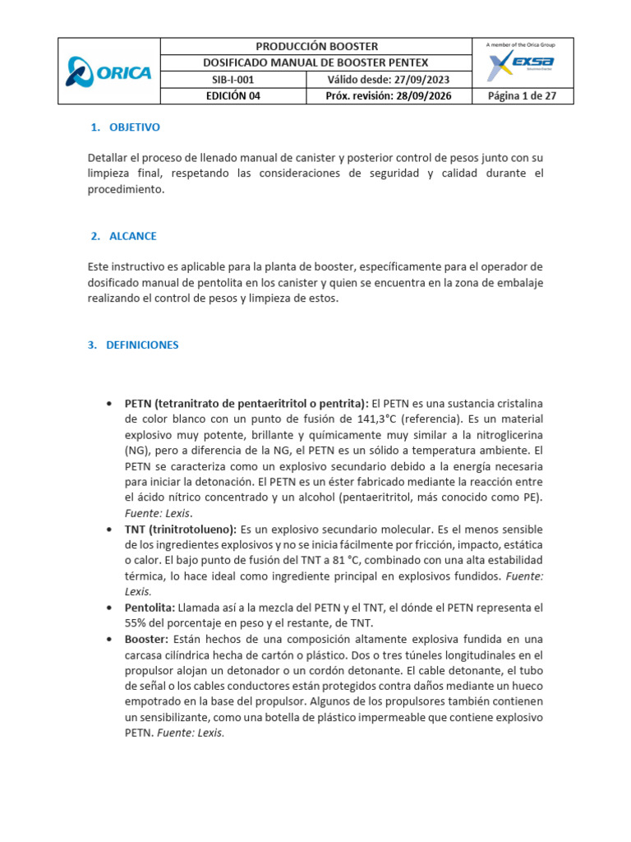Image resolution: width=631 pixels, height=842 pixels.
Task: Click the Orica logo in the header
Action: pos(108,72)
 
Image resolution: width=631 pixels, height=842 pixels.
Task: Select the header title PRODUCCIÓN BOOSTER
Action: pos(315,46)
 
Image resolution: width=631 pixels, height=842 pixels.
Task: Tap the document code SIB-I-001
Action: pos(232,80)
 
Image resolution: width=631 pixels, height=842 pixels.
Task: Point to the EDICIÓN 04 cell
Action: pos(232,96)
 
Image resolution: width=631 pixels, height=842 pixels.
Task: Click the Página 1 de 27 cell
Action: pos(523,96)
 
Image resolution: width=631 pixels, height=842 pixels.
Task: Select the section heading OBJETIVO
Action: pos(134,127)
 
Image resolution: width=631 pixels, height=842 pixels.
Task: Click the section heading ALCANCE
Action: pos(132,236)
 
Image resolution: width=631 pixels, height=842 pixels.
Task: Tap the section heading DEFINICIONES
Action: pos(141,345)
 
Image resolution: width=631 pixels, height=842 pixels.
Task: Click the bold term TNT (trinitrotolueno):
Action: pos(180,529)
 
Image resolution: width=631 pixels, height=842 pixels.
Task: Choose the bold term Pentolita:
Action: pos(150,607)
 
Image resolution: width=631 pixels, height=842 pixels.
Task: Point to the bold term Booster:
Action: pos(146,638)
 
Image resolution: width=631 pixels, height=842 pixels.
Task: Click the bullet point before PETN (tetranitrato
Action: pos(110,405)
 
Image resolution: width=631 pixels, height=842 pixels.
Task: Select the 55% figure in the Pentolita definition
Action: pos(136,622)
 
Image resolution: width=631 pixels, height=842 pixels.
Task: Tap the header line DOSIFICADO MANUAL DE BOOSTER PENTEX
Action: pos(315,63)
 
